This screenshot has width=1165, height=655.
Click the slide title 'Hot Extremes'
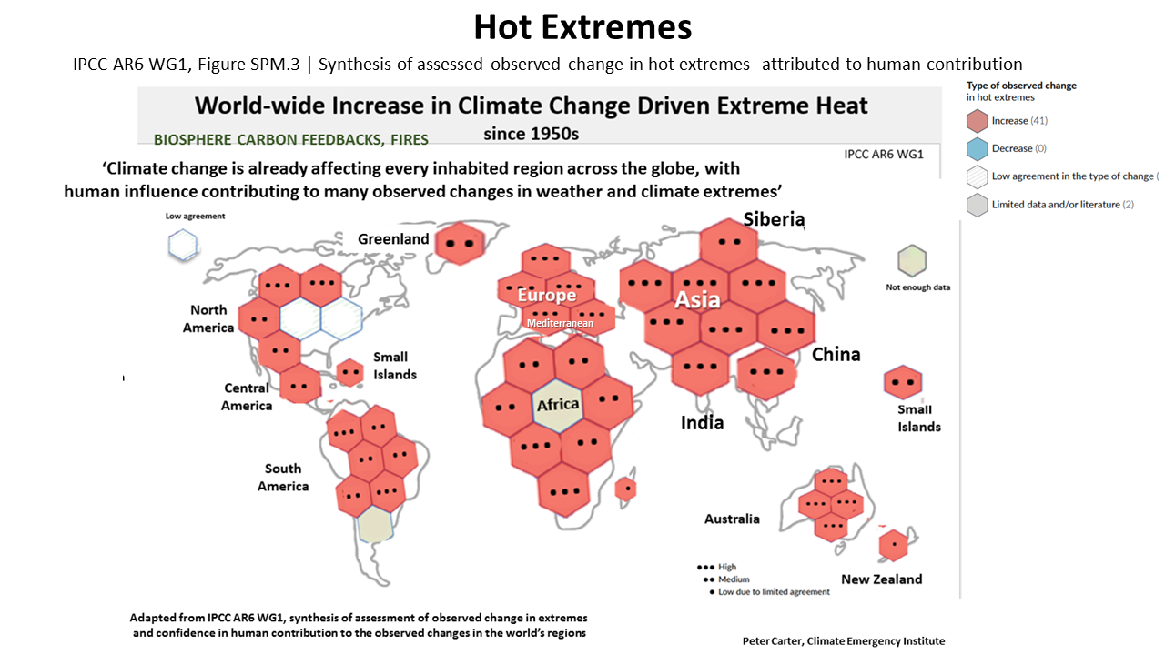(582, 27)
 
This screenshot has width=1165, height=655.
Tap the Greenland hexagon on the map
(460, 243)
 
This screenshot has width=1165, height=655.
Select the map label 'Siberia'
(774, 219)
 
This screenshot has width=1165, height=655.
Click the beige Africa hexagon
(557, 406)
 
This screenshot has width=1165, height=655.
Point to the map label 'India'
(703, 422)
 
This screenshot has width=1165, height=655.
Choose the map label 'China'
(836, 354)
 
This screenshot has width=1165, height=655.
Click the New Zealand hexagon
(893, 545)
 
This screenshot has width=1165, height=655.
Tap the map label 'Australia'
(732, 519)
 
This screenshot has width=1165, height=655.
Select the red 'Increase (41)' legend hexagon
(978, 120)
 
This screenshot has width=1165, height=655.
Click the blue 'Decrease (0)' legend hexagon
(978, 148)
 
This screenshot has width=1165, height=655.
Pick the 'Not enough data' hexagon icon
(911, 260)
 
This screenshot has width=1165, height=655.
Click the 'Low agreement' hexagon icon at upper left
(183, 244)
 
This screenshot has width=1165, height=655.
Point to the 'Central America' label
(247, 397)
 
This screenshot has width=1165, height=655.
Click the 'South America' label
(283, 477)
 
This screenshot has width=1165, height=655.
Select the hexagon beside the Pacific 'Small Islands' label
(903, 383)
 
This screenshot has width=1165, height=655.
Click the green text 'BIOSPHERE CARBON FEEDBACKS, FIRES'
(291, 140)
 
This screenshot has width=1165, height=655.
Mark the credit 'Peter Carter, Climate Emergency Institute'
(843, 640)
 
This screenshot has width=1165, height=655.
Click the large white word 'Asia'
(697, 299)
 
